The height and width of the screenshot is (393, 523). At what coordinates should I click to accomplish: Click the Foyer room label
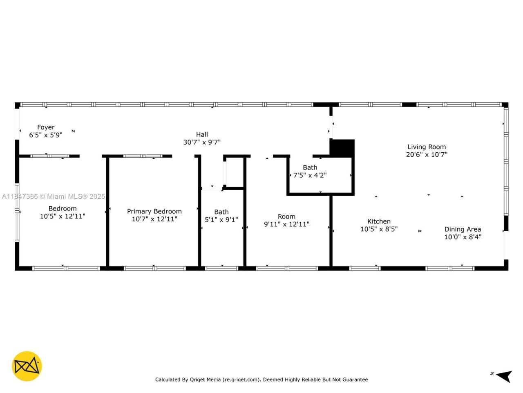pyautogui.click(x=46, y=127)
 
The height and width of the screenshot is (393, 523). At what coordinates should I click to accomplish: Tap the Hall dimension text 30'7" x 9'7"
pyautogui.click(x=202, y=142)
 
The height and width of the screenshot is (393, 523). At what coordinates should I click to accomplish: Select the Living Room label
pyautogui.click(x=427, y=147)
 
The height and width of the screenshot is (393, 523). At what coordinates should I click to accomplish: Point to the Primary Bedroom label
pyautogui.click(x=154, y=211)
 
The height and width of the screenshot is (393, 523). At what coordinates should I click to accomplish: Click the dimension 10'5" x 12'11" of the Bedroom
pyautogui.click(x=63, y=216)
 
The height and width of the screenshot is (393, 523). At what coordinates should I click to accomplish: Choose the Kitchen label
pyautogui.click(x=379, y=221)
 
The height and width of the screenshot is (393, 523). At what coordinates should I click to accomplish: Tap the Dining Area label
pyautogui.click(x=463, y=229)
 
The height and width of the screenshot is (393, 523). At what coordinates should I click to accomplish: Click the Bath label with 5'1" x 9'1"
pyautogui.click(x=221, y=212)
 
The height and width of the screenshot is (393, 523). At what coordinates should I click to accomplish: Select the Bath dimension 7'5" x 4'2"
pyautogui.click(x=310, y=175)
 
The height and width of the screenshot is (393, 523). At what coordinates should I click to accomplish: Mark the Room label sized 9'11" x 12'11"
pyautogui.click(x=286, y=217)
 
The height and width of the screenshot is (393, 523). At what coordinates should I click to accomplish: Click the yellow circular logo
pyautogui.click(x=27, y=366)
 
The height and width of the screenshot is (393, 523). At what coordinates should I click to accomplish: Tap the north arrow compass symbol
pyautogui.click(x=504, y=375)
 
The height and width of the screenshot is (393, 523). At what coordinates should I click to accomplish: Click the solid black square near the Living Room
pyautogui.click(x=342, y=148)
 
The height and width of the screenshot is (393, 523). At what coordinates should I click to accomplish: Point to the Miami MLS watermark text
pyautogui.click(x=53, y=196)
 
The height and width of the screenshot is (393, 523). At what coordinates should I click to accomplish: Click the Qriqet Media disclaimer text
pyautogui.click(x=261, y=379)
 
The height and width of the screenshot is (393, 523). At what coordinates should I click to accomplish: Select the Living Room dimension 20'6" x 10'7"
pyautogui.click(x=427, y=155)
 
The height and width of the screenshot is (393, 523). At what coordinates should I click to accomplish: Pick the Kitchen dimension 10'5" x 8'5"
pyautogui.click(x=379, y=229)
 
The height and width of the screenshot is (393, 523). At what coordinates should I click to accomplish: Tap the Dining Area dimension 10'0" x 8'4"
pyautogui.click(x=463, y=237)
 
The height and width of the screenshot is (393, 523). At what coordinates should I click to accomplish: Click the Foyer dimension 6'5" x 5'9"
pyautogui.click(x=46, y=135)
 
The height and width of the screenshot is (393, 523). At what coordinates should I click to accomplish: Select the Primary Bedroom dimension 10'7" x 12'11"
pyautogui.click(x=154, y=219)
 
